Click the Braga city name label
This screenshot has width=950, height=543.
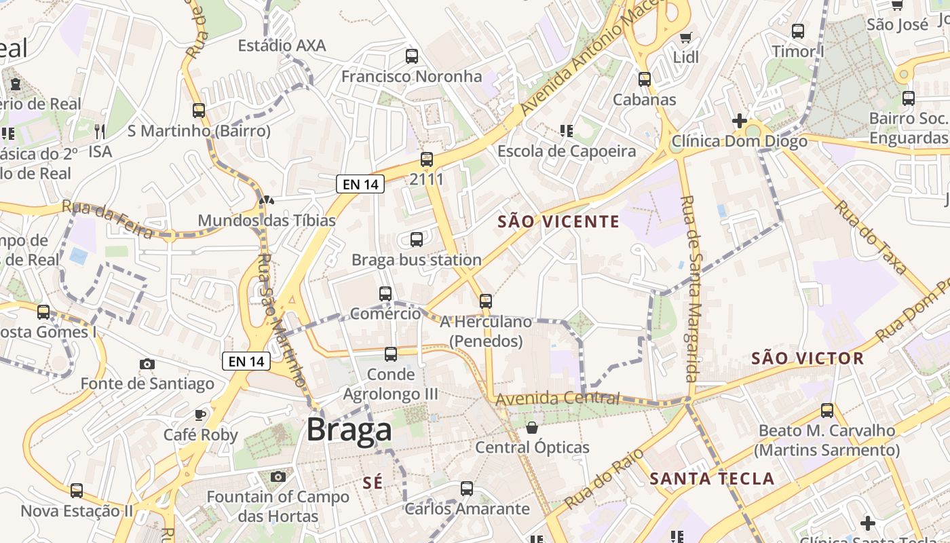[x=349, y=430]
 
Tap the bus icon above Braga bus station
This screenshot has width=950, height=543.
[x=417, y=240]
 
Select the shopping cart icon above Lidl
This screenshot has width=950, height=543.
[x=686, y=37]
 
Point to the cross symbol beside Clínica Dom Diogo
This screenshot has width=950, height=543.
[x=740, y=121]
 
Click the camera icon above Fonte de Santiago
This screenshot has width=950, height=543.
[x=147, y=364]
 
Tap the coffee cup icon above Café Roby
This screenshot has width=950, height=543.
[x=200, y=415]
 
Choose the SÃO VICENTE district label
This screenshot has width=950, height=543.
[x=558, y=221]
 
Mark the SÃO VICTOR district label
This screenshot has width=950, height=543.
[x=807, y=358]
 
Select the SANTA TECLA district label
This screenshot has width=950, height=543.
[x=712, y=479]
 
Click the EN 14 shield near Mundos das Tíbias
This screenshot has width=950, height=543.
[x=360, y=183]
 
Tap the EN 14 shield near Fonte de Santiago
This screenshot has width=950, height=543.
[x=246, y=361]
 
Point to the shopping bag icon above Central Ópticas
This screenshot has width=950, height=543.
[x=532, y=428]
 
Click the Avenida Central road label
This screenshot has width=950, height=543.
[x=557, y=398]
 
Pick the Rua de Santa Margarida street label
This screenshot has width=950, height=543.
[x=690, y=288]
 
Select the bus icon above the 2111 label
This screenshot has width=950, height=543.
[x=427, y=160]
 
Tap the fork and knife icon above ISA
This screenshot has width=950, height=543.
[x=100, y=131]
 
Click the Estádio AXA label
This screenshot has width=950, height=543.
[x=282, y=45]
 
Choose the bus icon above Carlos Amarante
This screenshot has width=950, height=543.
[x=467, y=489]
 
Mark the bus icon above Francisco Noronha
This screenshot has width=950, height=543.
[x=412, y=56]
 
